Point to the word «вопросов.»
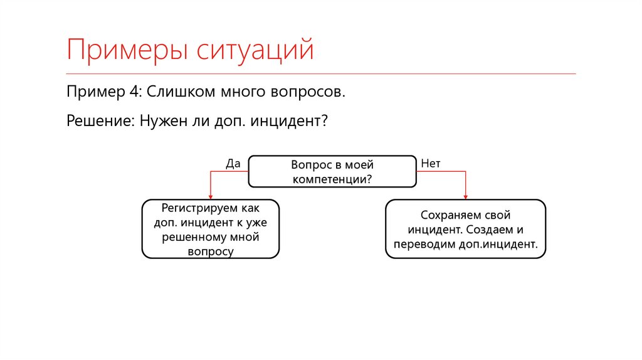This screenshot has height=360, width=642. point(308,92)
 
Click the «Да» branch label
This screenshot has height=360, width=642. point(233,164)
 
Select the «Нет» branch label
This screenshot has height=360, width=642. point(431,164)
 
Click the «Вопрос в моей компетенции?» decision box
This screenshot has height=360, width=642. point(332,171)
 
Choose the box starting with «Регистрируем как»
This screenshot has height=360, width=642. point(211,229)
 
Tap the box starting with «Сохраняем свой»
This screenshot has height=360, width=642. point(465,229)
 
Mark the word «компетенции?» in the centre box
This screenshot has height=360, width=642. point(332,179)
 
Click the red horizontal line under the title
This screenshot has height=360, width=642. point(321,73)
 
